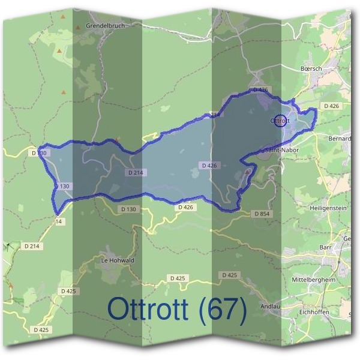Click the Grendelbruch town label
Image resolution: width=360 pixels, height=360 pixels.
[104, 26]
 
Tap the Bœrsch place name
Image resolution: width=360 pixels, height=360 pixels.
[311, 69]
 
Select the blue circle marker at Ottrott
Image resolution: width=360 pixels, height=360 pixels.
[280, 120]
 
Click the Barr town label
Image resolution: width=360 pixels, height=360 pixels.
[326, 247]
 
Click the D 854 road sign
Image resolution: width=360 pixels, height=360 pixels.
[262, 214]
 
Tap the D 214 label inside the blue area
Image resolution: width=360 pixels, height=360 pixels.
[137, 173]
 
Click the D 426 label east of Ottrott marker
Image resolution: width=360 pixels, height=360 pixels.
[331, 106]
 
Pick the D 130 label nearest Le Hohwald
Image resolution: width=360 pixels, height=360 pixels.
[128, 209]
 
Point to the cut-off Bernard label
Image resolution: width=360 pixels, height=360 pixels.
[340, 139]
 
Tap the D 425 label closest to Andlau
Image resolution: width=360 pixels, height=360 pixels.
[229, 275]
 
